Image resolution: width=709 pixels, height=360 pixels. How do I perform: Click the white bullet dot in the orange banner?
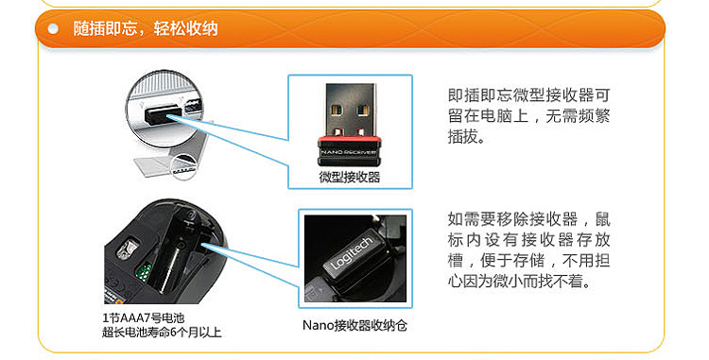(x=53, y=29)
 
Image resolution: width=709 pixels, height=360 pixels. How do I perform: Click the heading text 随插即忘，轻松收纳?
(x=146, y=29)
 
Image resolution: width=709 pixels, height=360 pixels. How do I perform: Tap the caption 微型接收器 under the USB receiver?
(x=350, y=177)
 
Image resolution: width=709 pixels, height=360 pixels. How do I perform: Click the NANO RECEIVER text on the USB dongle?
(x=349, y=152)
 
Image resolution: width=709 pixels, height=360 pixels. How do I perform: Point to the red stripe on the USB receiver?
(x=349, y=138)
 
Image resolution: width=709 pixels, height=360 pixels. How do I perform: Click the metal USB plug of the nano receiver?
(x=349, y=110)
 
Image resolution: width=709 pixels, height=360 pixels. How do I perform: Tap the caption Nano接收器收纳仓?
(x=354, y=325)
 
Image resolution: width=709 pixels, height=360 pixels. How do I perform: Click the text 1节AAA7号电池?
(x=143, y=318)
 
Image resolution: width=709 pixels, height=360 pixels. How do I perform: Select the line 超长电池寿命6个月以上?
(x=162, y=333)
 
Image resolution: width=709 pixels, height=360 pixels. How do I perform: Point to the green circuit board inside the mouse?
(x=144, y=270)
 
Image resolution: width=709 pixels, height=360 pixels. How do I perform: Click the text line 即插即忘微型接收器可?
(x=528, y=95)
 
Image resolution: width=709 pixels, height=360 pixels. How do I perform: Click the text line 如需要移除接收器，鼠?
(x=528, y=219)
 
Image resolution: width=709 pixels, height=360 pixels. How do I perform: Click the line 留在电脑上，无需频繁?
(x=528, y=116)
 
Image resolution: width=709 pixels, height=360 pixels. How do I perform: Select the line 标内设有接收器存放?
(x=528, y=240)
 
